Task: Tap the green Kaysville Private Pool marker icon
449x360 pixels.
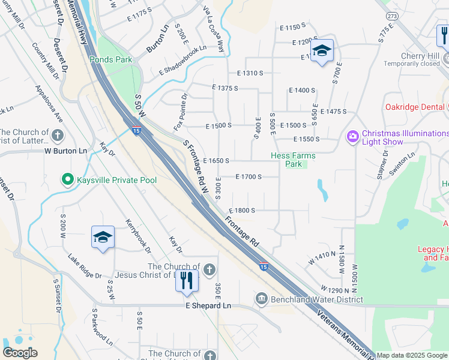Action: tap(67, 179)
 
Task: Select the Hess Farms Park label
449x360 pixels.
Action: tap(292, 160)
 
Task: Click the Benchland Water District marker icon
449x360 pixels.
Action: tap(261, 299)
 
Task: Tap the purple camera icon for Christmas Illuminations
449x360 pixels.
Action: tap(352, 137)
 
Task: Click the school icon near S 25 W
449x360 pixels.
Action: tap(103, 238)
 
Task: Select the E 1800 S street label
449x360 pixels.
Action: tap(243, 211)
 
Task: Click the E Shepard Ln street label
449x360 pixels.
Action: tap(207, 305)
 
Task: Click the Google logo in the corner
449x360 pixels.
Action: tap(20, 353)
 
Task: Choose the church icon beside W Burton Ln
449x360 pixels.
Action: tap(58, 136)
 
